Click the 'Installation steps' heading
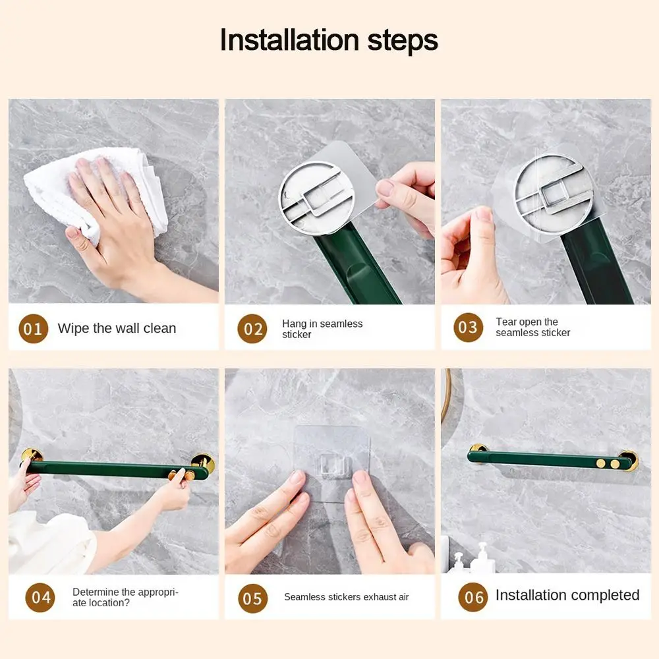[329, 40]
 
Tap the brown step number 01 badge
[33, 329]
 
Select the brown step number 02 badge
[252, 329]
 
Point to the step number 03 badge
[468, 328]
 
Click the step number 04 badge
[40, 597]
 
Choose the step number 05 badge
[252, 598]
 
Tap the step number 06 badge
[473, 597]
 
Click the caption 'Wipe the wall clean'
[117, 328]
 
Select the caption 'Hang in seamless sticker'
[322, 329]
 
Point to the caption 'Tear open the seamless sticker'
[533, 327]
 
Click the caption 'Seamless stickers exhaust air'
[347, 597]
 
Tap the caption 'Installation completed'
[567, 595]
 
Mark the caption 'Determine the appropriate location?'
[126, 597]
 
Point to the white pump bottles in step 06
[473, 558]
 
